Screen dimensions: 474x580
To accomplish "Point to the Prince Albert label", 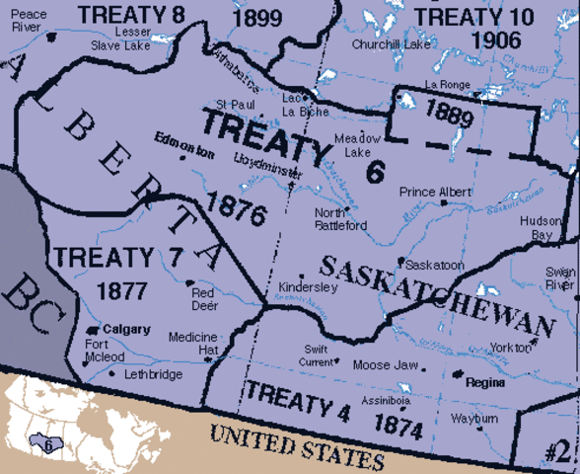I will [x=435, y=192].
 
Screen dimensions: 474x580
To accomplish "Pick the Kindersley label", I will [x=308, y=286].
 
